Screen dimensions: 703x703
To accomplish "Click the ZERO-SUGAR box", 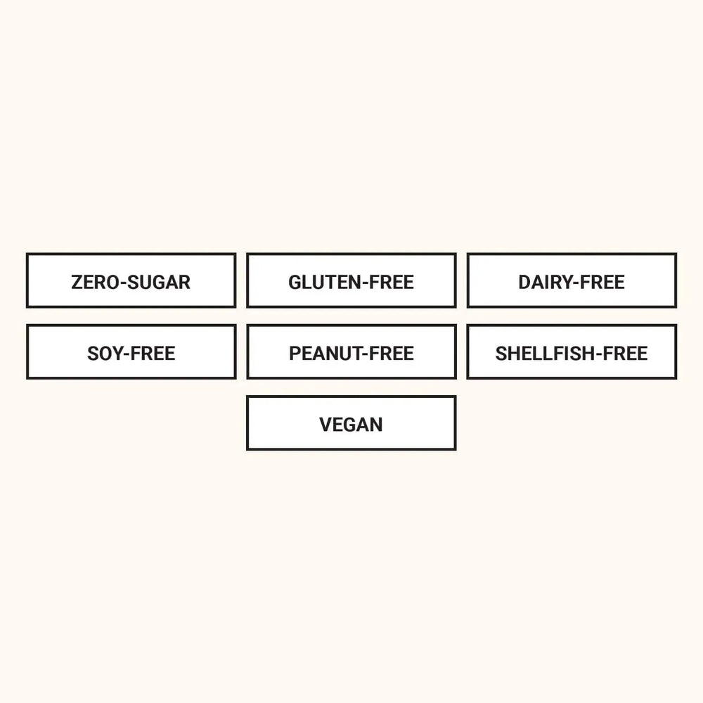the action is pos(131,280).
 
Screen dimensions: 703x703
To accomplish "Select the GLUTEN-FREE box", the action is pos(351,280).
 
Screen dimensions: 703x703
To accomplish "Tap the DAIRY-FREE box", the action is pos(572,280).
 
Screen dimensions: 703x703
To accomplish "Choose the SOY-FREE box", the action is pos(131,352).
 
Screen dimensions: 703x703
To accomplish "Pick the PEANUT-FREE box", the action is pos(351,352).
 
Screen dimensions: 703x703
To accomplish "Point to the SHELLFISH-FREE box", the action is pos(572,352).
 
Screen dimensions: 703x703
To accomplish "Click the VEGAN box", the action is pos(351,423).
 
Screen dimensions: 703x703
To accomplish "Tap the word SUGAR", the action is pos(159,283).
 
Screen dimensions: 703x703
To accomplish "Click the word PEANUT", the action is pos(325,354).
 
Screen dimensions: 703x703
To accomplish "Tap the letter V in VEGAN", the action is pos(326,425).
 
